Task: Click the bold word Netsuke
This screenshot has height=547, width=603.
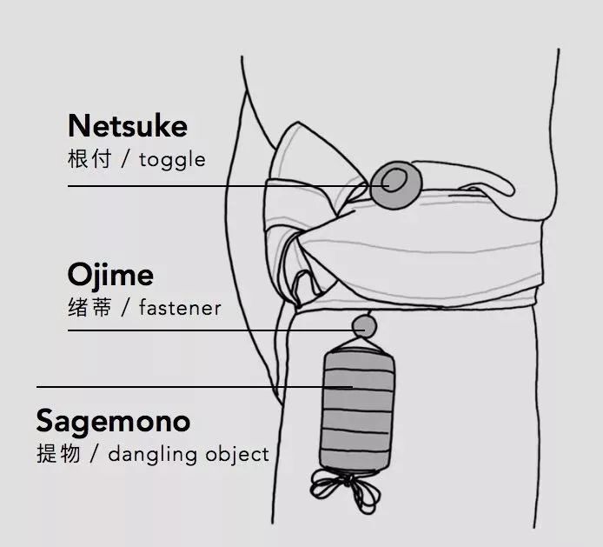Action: pos(128,125)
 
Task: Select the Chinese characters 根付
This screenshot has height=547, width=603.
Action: pos(89,158)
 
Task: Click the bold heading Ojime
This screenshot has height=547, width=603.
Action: pos(110,275)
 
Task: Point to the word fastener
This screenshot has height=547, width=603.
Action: pos(181,308)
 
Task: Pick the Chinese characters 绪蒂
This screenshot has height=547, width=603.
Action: pos(89,308)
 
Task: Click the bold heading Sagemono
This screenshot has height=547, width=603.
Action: pos(114,422)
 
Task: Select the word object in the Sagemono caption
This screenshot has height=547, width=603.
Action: pos(237,455)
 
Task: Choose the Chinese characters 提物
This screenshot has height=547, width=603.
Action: pos(58,453)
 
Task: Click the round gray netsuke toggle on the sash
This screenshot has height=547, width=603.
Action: pos(396,185)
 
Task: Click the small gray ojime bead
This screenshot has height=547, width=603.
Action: pos(364,326)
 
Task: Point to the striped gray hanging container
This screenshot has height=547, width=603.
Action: pos(358,409)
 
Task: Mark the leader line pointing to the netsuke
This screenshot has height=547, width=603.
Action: pos(229,186)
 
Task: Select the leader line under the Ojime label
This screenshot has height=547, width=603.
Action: pos(216,330)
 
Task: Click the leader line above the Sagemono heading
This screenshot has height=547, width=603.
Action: pos(195,387)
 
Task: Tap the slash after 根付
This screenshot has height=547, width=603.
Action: pos(125,159)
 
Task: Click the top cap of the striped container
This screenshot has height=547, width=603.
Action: pos(360,350)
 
